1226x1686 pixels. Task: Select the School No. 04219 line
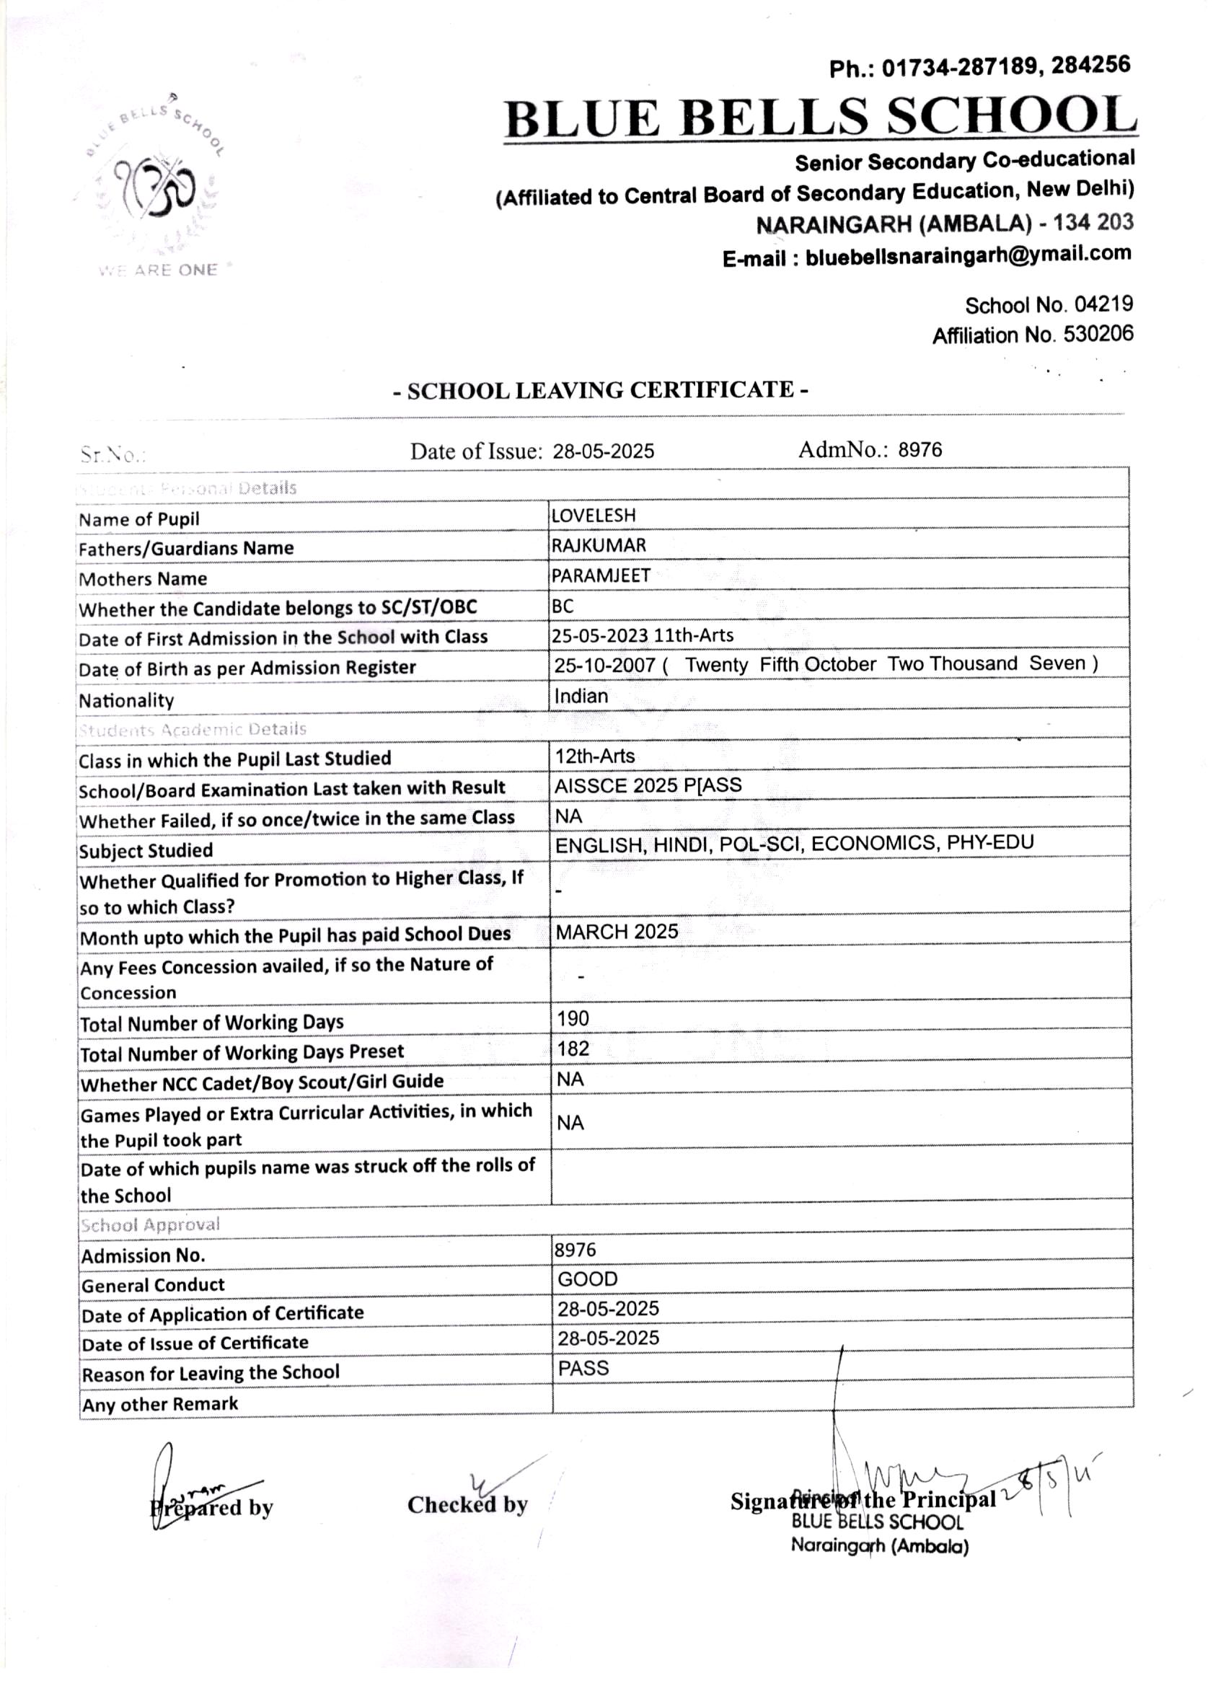click(1049, 305)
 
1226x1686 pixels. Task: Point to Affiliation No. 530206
click(1033, 335)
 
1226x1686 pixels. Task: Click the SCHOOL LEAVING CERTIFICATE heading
click(600, 390)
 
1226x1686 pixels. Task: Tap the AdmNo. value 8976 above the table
click(919, 450)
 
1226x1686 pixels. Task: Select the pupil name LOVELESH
click(594, 515)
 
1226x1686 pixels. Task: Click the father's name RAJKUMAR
click(599, 546)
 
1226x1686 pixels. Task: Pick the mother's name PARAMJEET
click(601, 576)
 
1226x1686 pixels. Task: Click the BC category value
click(563, 606)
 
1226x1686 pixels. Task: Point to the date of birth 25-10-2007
click(604, 666)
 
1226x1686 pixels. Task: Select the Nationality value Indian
click(581, 697)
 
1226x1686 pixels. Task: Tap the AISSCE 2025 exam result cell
click(648, 786)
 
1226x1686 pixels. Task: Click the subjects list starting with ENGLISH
click(794, 844)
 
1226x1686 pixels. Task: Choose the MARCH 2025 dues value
click(617, 932)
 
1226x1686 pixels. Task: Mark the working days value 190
click(573, 1018)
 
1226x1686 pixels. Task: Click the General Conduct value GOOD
click(587, 1279)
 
